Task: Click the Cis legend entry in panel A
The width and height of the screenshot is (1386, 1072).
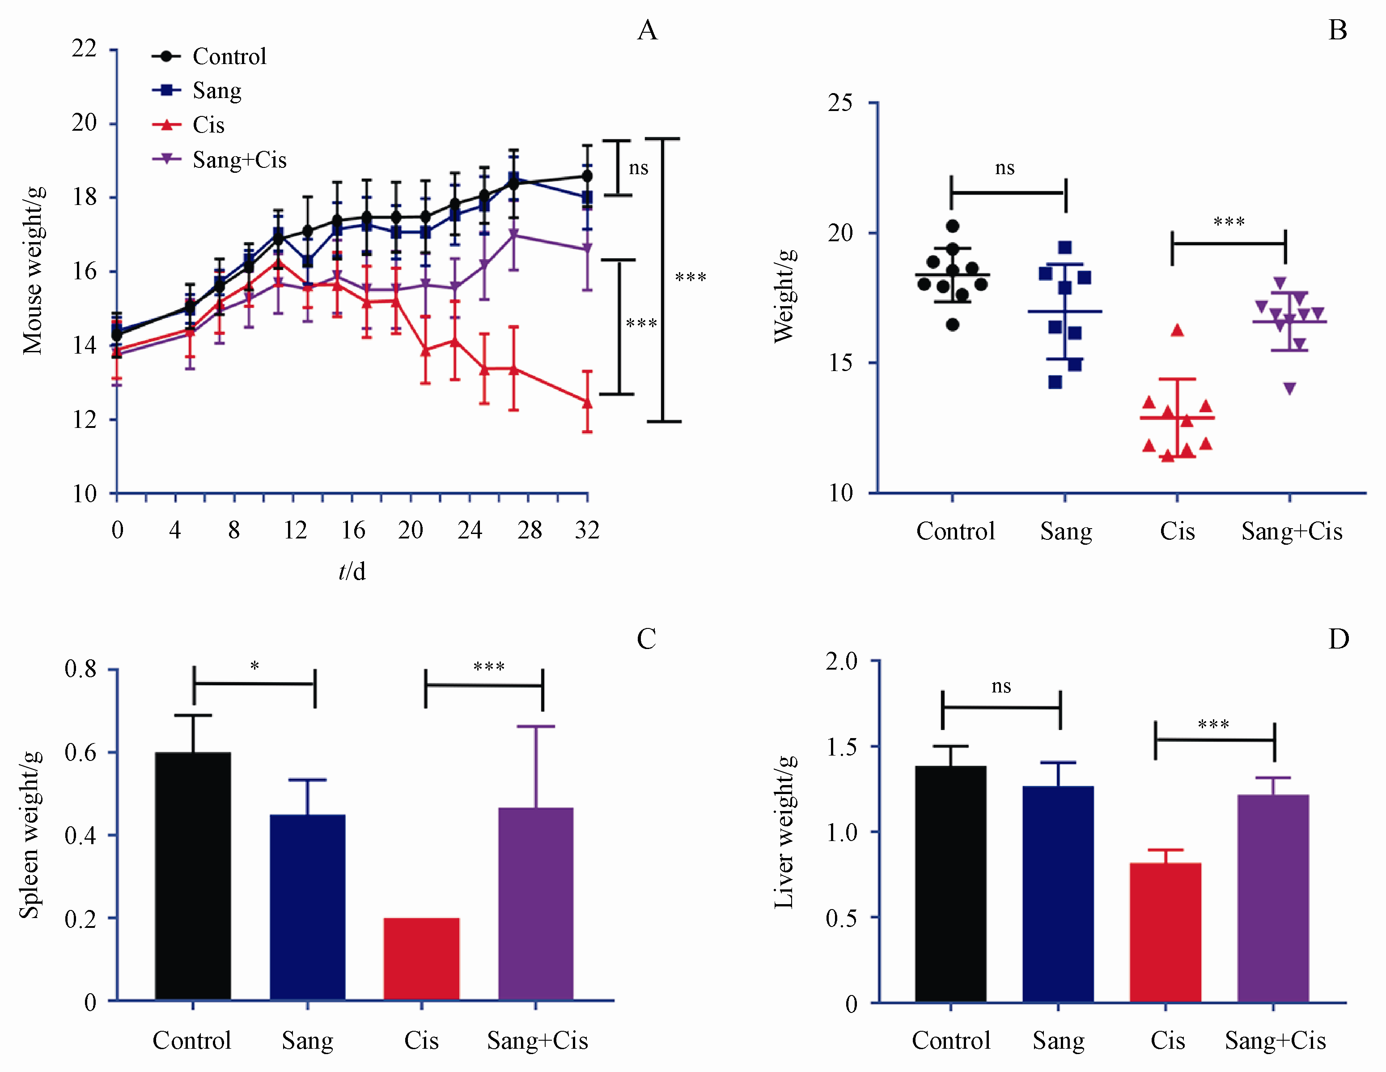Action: click(208, 125)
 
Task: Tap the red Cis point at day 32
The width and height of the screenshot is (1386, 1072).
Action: click(588, 403)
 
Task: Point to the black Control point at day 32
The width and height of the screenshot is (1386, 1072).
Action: click(588, 176)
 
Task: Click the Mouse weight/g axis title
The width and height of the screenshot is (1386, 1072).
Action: click(33, 270)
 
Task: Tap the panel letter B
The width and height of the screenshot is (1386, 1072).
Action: click(1338, 30)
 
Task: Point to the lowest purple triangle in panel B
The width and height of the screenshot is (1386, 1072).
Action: click(1289, 389)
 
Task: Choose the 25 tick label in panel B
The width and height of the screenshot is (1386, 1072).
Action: click(840, 103)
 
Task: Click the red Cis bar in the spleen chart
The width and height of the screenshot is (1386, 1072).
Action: click(421, 959)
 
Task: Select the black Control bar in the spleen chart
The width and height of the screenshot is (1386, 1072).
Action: click(193, 876)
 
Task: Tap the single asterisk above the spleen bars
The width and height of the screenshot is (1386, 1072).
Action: click(254, 666)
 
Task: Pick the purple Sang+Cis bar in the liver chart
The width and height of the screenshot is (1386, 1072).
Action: click(1273, 899)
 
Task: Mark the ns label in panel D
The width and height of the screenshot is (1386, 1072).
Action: click(1001, 687)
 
